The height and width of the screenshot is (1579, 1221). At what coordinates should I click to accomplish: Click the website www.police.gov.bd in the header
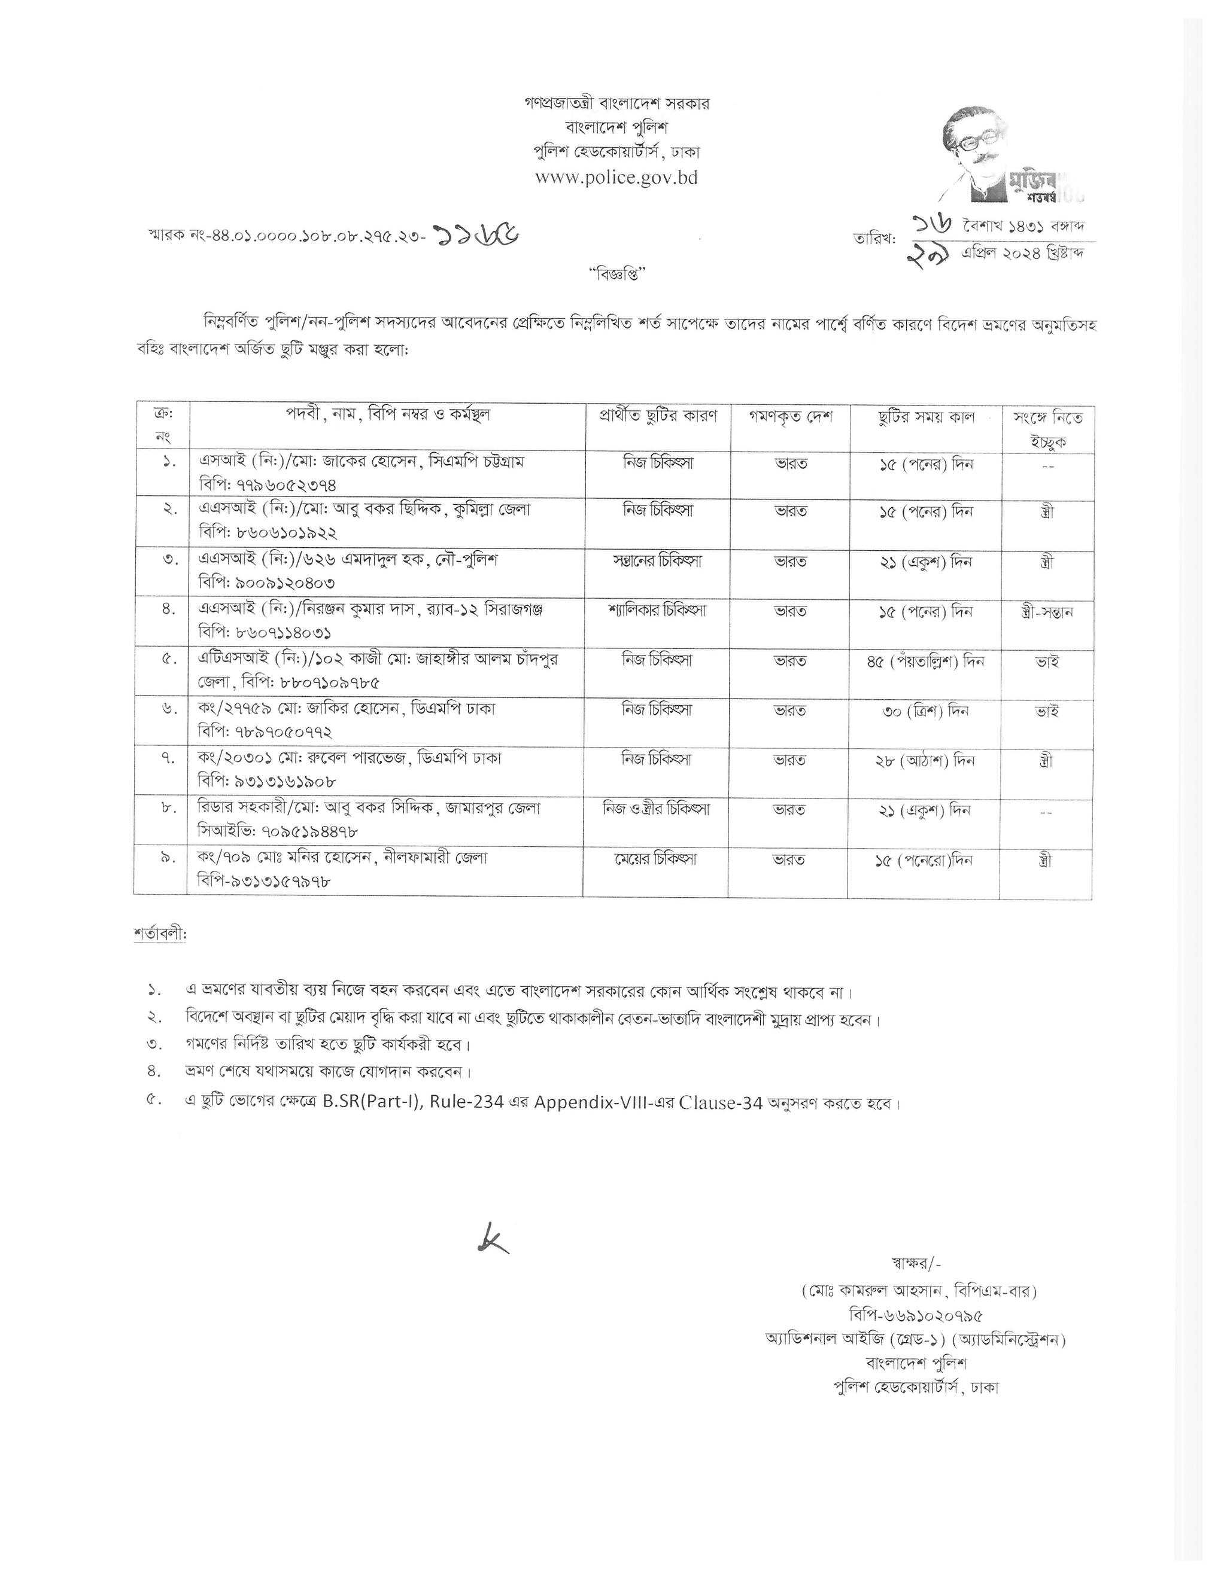(x=616, y=177)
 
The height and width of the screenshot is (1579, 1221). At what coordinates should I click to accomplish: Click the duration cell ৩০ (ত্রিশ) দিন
(x=926, y=711)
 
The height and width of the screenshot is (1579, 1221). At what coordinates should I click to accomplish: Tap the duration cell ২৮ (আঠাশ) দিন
(x=926, y=761)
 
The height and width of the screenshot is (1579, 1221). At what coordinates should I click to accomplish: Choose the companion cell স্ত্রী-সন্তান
(x=1047, y=612)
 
